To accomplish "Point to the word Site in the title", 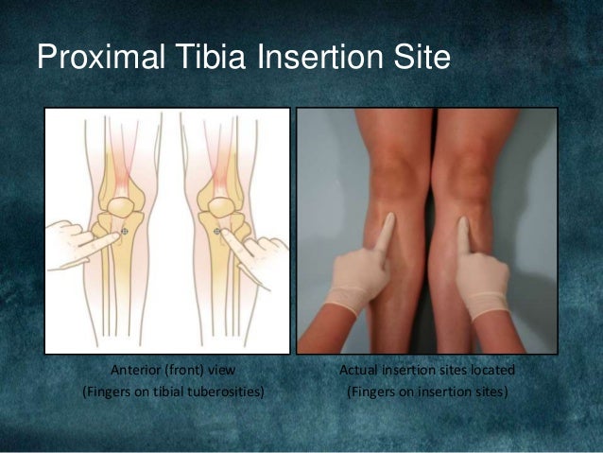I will (x=418, y=59).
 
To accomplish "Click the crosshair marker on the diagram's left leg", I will (x=125, y=230).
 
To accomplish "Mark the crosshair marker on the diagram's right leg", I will (x=216, y=230).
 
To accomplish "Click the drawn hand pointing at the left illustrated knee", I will (x=72, y=242).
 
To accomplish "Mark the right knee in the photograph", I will (x=466, y=175).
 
